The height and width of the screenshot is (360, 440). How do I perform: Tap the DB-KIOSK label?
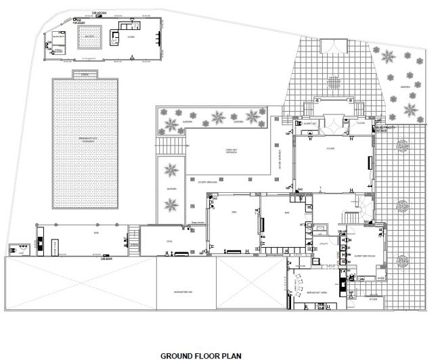101,12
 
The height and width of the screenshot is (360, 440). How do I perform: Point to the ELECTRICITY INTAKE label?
386,129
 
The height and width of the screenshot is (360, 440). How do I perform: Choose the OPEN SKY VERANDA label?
216,152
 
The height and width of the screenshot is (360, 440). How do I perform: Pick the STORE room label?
372,298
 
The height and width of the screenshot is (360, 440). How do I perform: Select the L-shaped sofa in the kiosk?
125,33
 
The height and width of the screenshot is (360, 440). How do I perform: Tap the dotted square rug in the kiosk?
89,37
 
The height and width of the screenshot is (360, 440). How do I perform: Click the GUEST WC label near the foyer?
309,125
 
